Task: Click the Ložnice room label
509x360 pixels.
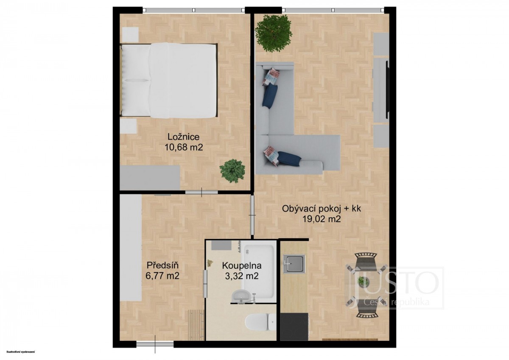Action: click(x=183, y=137)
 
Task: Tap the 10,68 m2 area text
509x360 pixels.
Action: click(x=183, y=148)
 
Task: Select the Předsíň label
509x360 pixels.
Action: click(x=162, y=265)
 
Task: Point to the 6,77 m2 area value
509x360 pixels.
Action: click(x=162, y=276)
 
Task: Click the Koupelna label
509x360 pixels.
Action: click(x=242, y=265)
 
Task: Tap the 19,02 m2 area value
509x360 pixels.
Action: click(x=322, y=219)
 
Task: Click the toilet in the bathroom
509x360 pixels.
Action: click(x=260, y=323)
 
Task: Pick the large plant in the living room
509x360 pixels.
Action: click(x=273, y=33)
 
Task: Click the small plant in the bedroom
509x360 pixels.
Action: click(x=232, y=171)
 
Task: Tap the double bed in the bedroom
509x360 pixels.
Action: click(x=169, y=80)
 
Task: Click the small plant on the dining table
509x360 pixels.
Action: click(x=363, y=282)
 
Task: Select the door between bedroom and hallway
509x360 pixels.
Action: click(x=201, y=193)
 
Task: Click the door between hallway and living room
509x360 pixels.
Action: click(x=252, y=215)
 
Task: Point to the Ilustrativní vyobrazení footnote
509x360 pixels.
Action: click(x=21, y=352)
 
